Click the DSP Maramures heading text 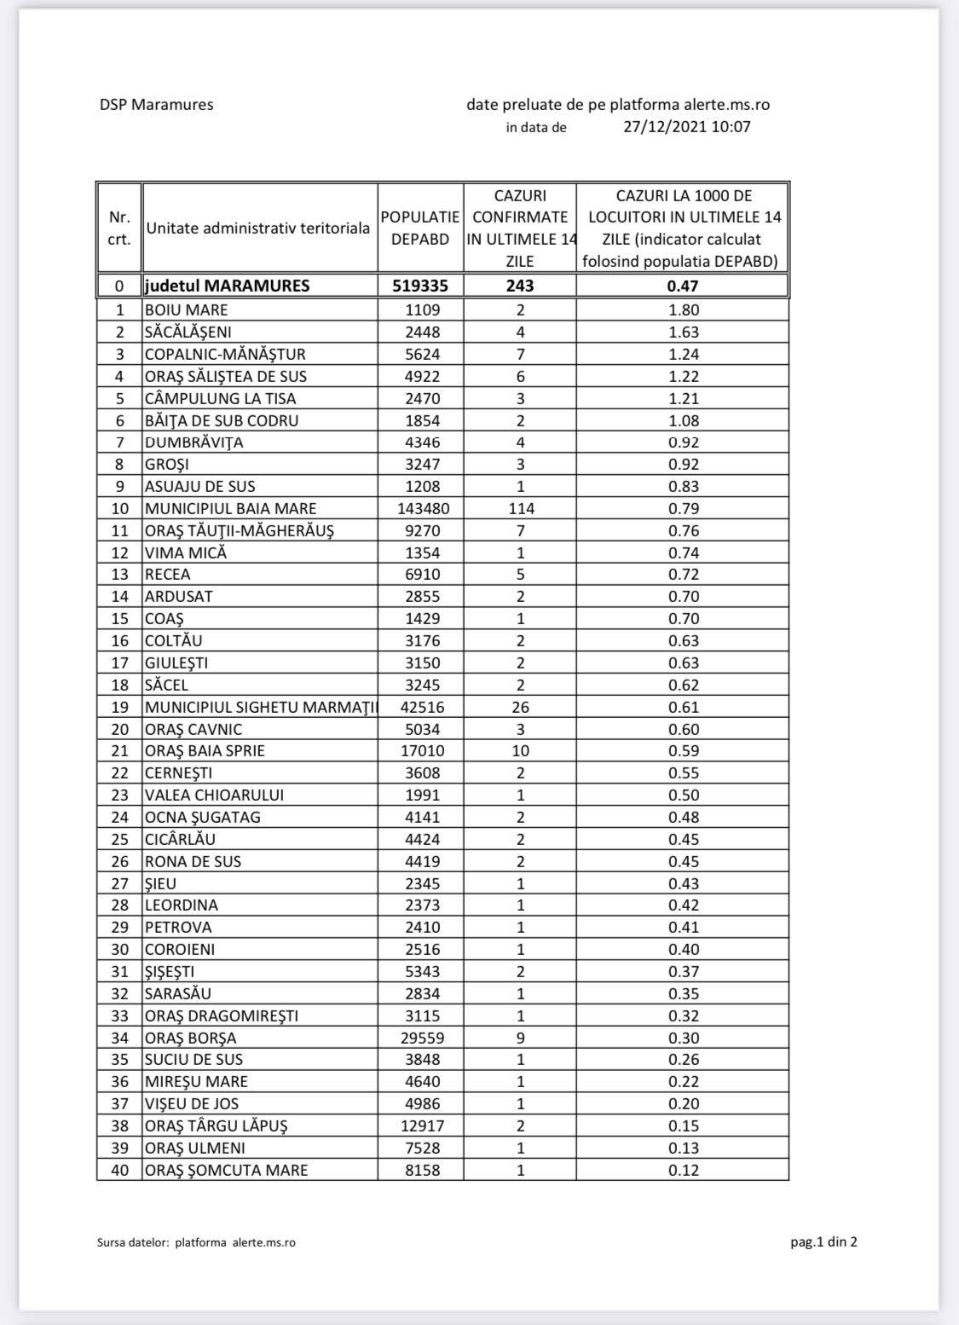[x=156, y=105]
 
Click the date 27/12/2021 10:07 [x=686, y=127]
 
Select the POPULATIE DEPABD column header [x=420, y=229]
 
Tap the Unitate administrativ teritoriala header [x=258, y=229]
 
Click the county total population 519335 [x=420, y=286]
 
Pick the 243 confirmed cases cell [x=520, y=286]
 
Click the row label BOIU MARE [x=186, y=310]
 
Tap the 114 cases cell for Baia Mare [x=521, y=509]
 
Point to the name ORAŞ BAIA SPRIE [x=205, y=751]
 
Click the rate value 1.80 [x=684, y=310]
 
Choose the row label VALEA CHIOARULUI [x=214, y=796]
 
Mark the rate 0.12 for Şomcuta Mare [x=684, y=1171]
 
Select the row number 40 [x=119, y=1171]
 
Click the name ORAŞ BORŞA [x=190, y=1039]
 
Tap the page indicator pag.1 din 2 [x=823, y=1241]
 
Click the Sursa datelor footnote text [x=196, y=1243]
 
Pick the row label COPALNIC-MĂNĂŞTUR [x=225, y=354]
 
